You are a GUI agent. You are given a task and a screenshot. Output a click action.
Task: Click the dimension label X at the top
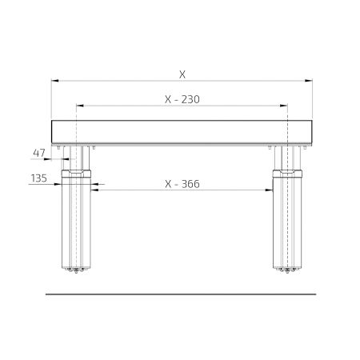point(182,74)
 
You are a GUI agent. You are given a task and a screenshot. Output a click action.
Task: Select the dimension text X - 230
point(182,99)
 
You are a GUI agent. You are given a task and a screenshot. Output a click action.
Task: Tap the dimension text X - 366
point(182,184)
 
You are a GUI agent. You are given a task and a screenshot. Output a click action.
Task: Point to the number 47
point(39,153)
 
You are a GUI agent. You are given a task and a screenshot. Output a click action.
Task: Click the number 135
point(39,178)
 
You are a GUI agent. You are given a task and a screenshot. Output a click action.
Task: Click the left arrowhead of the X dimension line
point(54,81)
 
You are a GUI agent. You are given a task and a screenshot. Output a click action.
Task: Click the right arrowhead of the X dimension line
point(309,81)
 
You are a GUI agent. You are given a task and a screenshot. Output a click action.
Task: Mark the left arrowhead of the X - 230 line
point(80,106)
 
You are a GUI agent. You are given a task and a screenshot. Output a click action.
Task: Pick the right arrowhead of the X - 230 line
point(284,106)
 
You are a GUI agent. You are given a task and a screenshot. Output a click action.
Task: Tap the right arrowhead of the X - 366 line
point(269,190)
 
